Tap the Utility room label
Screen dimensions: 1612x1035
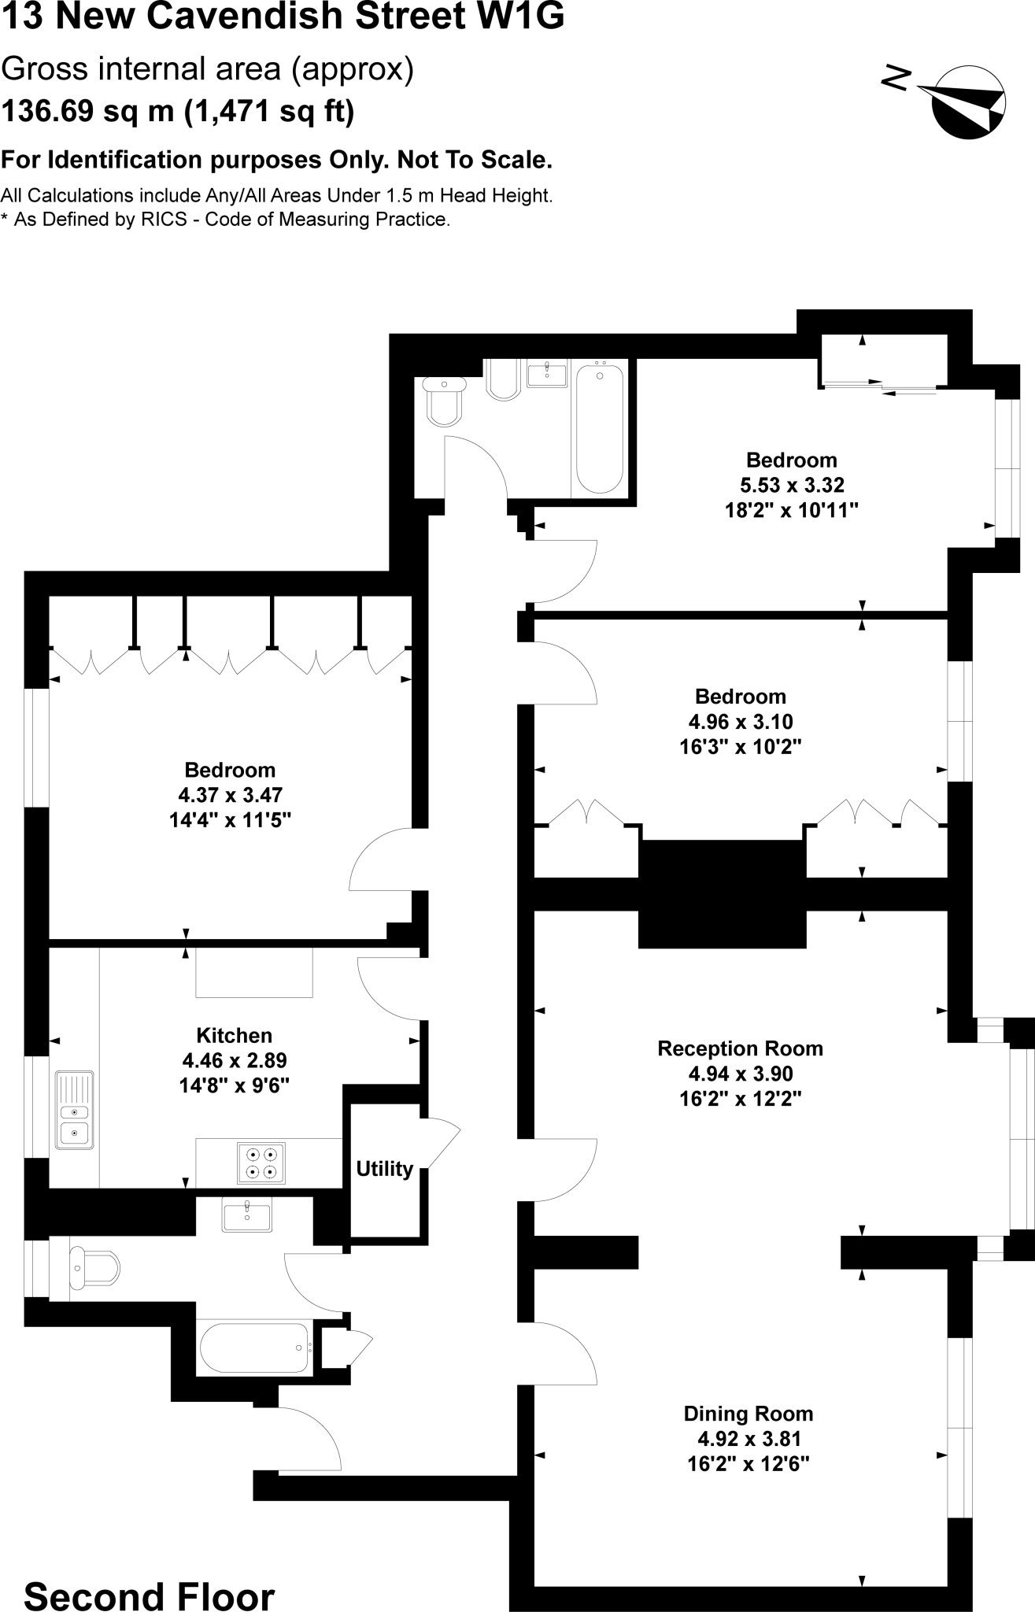384,1169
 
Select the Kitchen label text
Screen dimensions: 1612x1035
234,1036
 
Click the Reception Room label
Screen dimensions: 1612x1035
740,1048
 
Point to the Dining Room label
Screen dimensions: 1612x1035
748,1414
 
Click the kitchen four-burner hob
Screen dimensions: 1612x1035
261,1163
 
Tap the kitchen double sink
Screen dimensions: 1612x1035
75,1110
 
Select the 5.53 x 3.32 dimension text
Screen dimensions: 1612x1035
791,485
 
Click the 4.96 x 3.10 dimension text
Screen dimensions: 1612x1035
740,721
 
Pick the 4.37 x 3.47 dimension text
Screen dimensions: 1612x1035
230,795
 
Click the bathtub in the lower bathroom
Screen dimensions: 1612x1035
253,1348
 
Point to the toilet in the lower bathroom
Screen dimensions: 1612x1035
94,1267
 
